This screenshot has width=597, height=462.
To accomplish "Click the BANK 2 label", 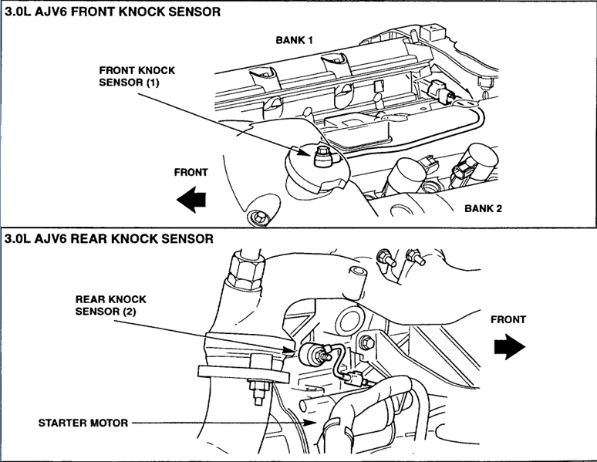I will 489,208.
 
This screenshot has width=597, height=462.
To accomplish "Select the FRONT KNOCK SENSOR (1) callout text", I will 137,76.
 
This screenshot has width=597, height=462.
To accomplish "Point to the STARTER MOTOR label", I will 82,423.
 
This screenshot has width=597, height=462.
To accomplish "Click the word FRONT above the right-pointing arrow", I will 508,319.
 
